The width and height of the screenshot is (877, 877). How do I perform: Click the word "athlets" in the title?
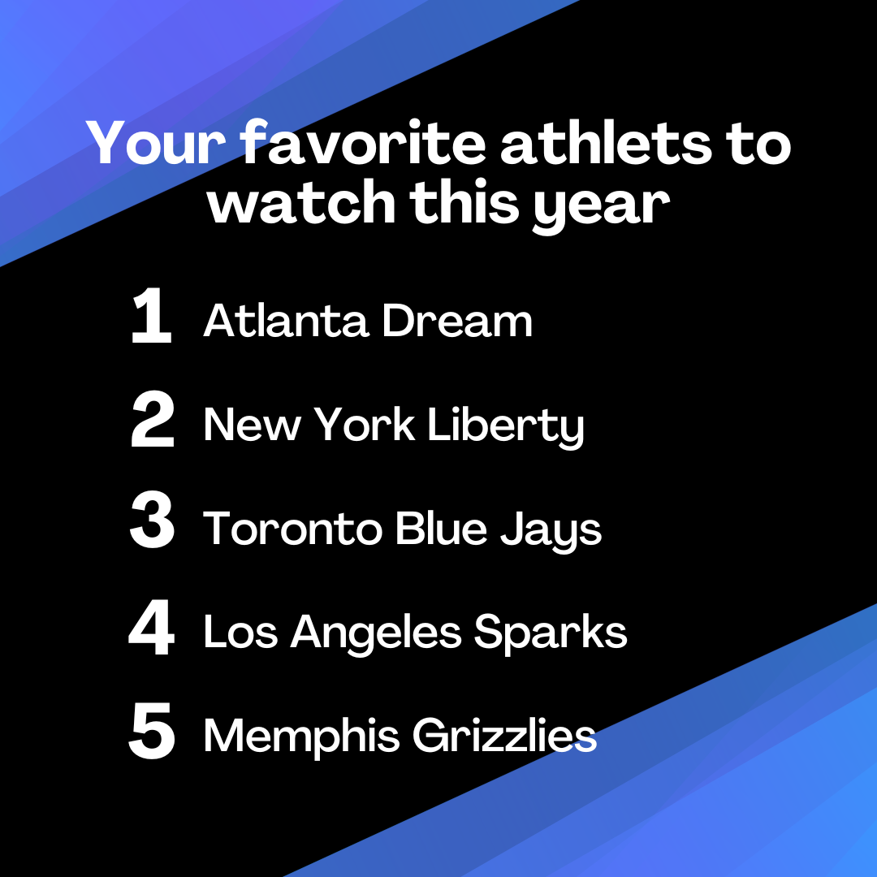point(607,143)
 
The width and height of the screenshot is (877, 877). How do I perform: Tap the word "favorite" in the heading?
point(364,143)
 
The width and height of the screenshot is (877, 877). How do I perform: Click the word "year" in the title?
point(601,208)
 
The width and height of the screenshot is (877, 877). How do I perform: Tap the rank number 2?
point(152,419)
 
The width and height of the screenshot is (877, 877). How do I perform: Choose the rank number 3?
point(152,520)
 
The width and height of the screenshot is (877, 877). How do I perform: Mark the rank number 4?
point(151,627)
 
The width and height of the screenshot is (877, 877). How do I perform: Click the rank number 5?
point(152,731)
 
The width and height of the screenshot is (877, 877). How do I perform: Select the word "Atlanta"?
point(286,321)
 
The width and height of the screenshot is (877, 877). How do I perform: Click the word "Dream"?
point(457,321)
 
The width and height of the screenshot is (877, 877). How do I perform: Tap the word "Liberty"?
point(506,426)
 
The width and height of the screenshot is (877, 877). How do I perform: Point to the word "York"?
point(364,424)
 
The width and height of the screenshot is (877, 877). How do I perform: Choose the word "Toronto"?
point(292,529)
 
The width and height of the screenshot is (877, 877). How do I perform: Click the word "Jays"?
point(551,531)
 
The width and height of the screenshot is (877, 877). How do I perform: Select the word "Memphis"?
point(301,737)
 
